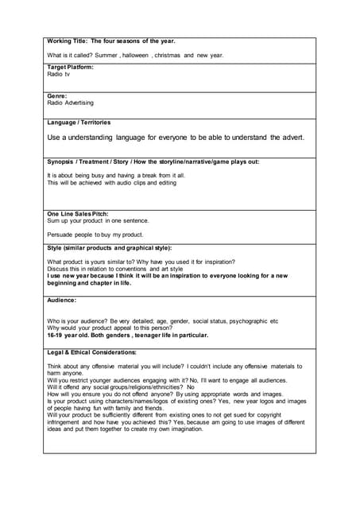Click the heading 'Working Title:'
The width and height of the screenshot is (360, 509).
pyautogui.click(x=68, y=41)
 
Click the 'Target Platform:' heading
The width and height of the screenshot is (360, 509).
pyautogui.click(x=70, y=68)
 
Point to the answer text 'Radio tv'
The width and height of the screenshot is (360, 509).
pyautogui.click(x=58, y=74)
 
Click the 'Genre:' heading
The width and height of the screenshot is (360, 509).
pyautogui.click(x=56, y=95)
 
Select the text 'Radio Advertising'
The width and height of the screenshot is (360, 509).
pyautogui.click(x=70, y=103)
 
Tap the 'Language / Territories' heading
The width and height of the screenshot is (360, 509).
pyautogui.click(x=79, y=122)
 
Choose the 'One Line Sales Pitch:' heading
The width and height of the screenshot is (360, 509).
pyautogui.click(x=78, y=214)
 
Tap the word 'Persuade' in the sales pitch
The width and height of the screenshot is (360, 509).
pyautogui.click(x=60, y=235)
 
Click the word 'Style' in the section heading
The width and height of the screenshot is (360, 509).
pyautogui.click(x=56, y=248)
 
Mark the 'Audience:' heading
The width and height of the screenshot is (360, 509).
pyautogui.click(x=62, y=300)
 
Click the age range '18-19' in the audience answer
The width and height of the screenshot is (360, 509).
pyautogui.click(x=56, y=336)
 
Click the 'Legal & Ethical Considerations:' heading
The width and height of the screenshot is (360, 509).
pyautogui.click(x=91, y=352)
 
